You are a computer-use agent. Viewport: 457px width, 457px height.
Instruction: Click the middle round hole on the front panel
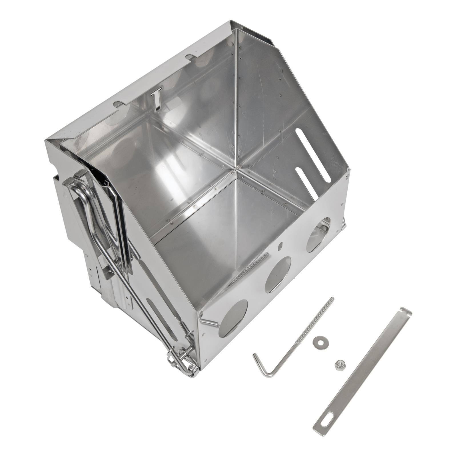click(x=278, y=274)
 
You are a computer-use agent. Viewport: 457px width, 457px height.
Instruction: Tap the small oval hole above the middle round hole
click(x=280, y=245)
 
